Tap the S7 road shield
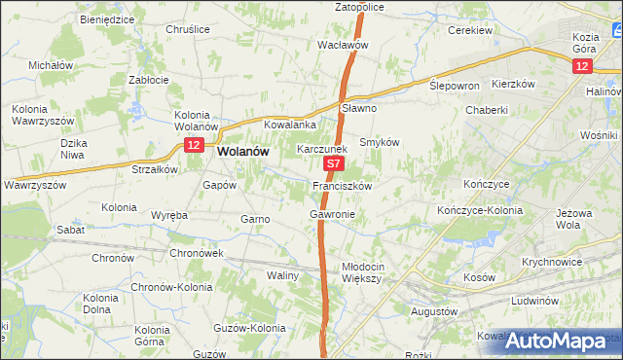coord(333,166)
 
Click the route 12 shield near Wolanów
coord(194,145)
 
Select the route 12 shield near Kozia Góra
coord(581,65)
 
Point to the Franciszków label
coord(342,185)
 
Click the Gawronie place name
coord(332,213)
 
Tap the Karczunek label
coord(322,150)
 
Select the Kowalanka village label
coord(291,126)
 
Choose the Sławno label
coord(359,108)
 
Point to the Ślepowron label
coord(455,86)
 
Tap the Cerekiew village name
coord(469,30)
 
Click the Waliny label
coord(282,276)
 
